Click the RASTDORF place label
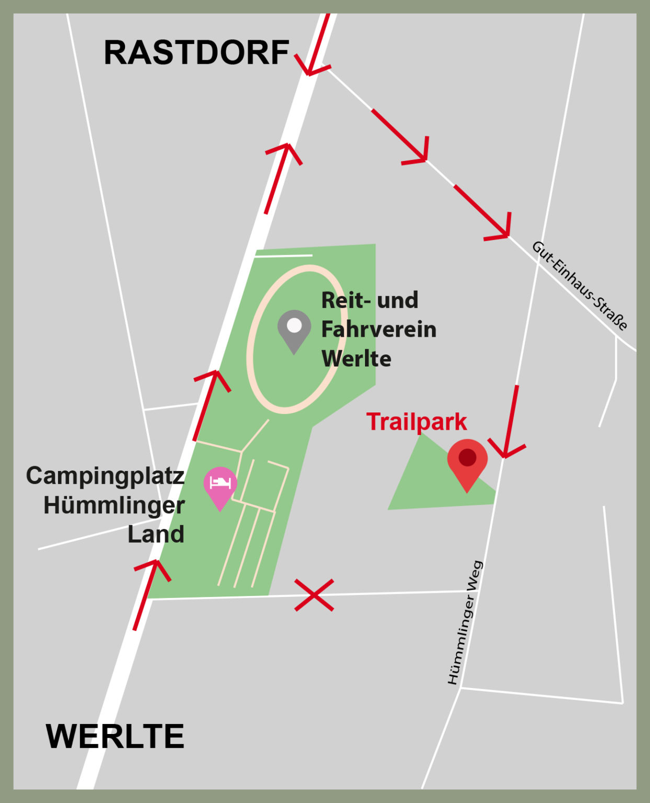[196, 53]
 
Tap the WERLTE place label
[115, 737]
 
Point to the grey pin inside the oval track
[294, 329]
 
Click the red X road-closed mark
[314, 595]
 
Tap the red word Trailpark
[416, 422]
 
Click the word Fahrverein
[379, 329]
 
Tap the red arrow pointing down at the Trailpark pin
[509, 423]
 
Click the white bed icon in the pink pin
[220, 482]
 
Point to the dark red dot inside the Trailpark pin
[467, 457]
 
